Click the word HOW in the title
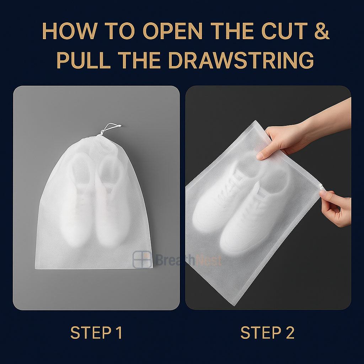click(70, 31)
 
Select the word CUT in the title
click(285, 31)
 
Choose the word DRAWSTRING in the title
click(241, 60)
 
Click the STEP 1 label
click(96, 332)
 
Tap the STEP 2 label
click(267, 332)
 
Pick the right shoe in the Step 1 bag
click(111, 200)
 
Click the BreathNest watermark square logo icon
click(142, 259)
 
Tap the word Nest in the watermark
click(208, 260)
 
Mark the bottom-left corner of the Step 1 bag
click(35, 269)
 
